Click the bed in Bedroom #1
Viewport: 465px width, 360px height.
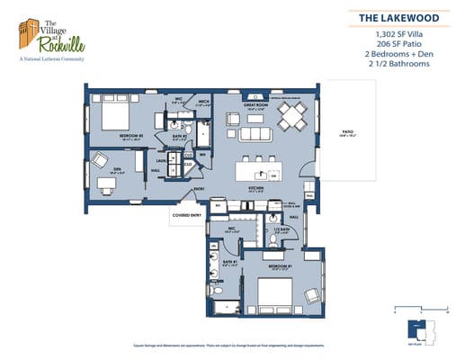tap(272, 290)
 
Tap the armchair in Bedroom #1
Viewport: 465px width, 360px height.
tap(310, 295)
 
